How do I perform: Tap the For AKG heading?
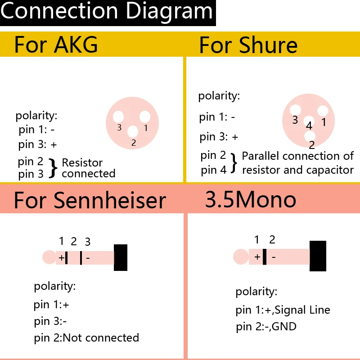pyautogui.click(x=56, y=45)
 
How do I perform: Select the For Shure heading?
pyautogui.click(x=248, y=45)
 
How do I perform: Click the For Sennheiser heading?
pyautogui.click(x=90, y=200)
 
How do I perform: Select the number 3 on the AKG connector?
pyautogui.click(x=119, y=128)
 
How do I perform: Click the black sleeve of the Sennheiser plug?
pyautogui.click(x=121, y=257)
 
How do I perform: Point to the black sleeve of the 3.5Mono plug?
pyautogui.click(x=318, y=256)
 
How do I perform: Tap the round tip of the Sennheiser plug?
pyautogui.click(x=49, y=257)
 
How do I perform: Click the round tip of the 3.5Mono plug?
pyautogui.click(x=241, y=257)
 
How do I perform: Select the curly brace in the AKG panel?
pyautogui.click(x=53, y=168)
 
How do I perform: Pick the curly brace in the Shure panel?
pyautogui.click(x=234, y=163)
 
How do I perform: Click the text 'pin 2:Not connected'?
pyautogui.click(x=86, y=337)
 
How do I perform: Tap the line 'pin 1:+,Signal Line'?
pyautogui.click(x=283, y=310)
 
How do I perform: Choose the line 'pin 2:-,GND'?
pyautogui.click(x=266, y=327)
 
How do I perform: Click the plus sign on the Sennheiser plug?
pyautogui.click(x=61, y=258)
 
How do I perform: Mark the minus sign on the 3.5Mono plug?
pyautogui.click(x=274, y=257)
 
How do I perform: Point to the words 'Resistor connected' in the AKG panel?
pyautogui.click(x=88, y=168)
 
